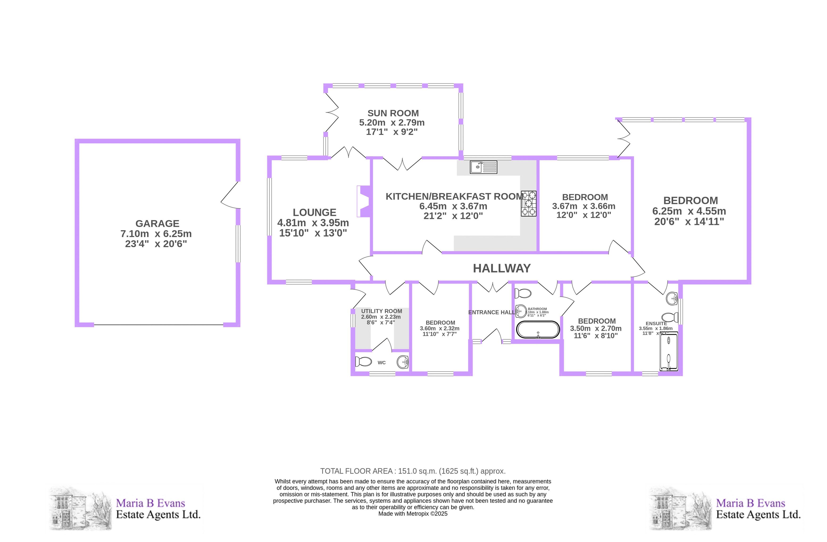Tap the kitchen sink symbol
(483, 167)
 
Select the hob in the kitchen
(528, 204)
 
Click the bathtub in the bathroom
(538, 329)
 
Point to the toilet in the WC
(363, 361)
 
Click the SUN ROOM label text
(393, 113)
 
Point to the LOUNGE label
(315, 212)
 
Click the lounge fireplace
(363, 202)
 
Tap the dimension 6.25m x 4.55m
(689, 211)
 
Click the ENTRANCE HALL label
(491, 312)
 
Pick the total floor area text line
(413, 471)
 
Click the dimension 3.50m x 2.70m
(596, 329)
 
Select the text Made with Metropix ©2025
(413, 513)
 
